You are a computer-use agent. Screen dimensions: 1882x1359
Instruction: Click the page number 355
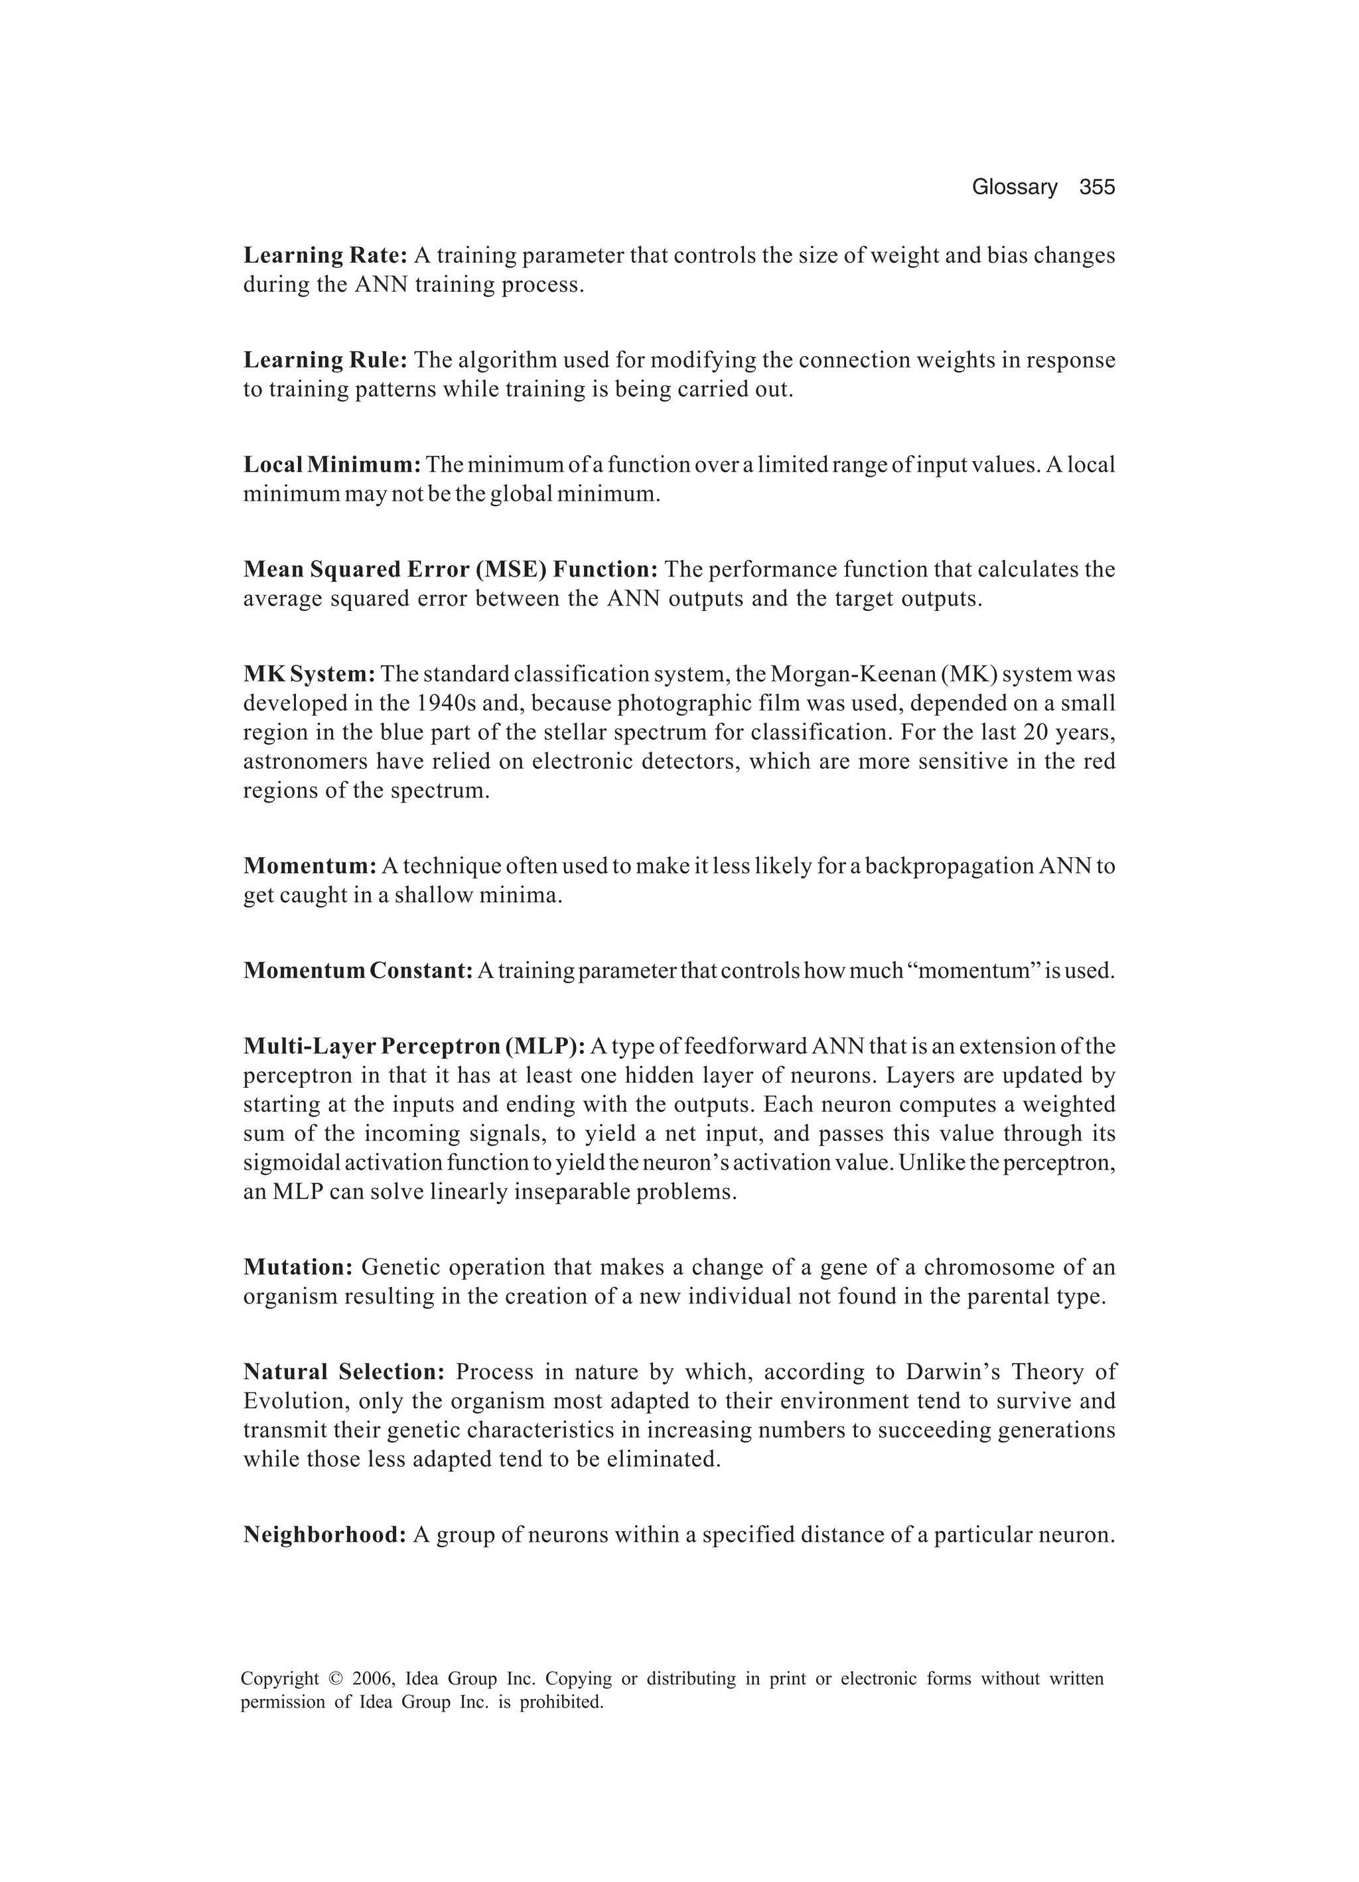(x=1097, y=188)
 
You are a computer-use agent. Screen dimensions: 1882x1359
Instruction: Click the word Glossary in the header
(x=1015, y=188)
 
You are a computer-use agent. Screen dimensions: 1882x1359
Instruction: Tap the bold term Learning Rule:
(x=324, y=360)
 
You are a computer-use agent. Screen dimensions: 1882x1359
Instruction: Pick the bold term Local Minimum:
(x=333, y=464)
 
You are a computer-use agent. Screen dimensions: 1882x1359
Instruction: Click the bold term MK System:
(x=310, y=674)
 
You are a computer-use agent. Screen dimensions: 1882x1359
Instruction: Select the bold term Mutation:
(x=299, y=1267)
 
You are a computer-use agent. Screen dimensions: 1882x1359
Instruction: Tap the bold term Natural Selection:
(x=344, y=1372)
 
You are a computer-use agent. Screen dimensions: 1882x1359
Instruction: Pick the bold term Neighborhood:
(x=324, y=1535)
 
